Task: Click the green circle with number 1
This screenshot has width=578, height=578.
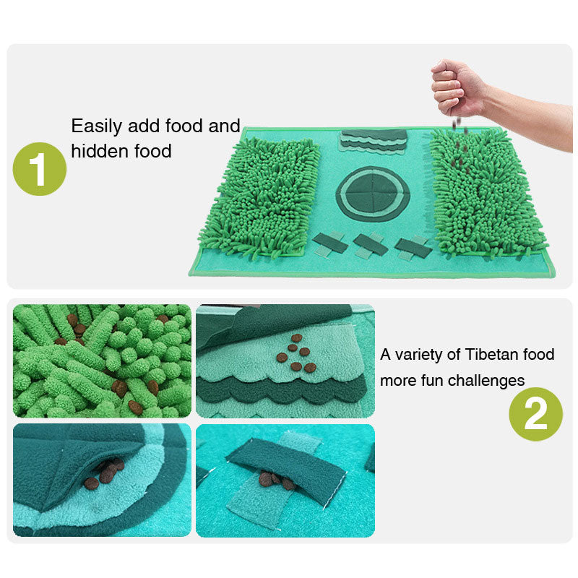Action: [x=40, y=169]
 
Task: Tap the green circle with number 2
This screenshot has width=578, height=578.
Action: [x=535, y=414]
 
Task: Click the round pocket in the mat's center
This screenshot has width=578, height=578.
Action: [x=373, y=194]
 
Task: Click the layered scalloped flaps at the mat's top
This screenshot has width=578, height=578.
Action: [x=373, y=141]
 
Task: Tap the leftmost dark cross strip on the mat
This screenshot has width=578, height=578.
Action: [x=329, y=243]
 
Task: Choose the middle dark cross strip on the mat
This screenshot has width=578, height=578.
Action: [x=370, y=245]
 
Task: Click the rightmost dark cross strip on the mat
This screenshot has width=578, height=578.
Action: [x=413, y=248]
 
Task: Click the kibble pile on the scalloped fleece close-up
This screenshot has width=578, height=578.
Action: [x=296, y=353]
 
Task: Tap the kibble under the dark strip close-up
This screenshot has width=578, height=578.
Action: [x=277, y=480]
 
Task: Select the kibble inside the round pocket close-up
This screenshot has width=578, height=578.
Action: [x=104, y=475]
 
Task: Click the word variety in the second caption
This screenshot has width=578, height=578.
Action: [x=418, y=355]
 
